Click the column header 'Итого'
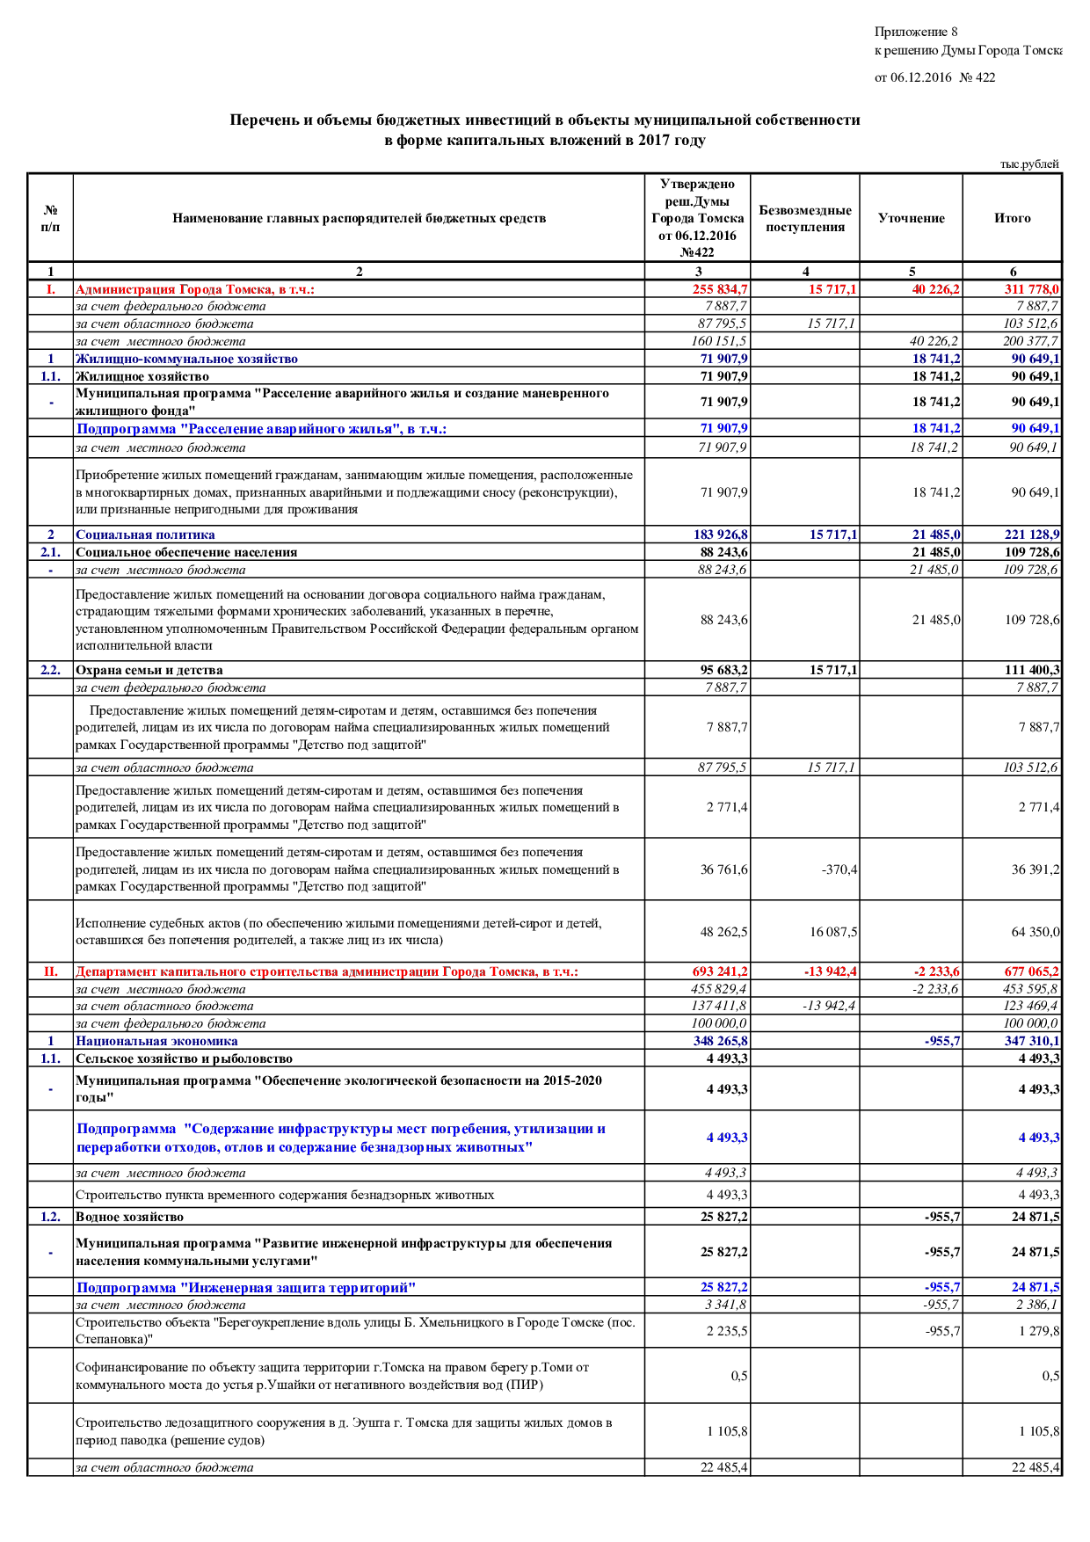[1012, 218]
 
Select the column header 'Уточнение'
[911, 218]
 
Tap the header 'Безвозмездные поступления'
[804, 218]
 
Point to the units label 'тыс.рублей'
[1028, 164]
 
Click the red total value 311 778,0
[1031, 289]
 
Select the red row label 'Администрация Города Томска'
[194, 289]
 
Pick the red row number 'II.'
[51, 971]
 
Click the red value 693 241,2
[720, 971]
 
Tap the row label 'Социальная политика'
[145, 535]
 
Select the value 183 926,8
[720, 535]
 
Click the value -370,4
[839, 869]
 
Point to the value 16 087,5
[833, 932]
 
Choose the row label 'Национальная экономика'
[156, 1041]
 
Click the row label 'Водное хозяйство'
[129, 1217]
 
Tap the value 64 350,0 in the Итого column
[1035, 932]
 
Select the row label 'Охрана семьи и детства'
[149, 670]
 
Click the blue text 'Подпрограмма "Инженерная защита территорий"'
[245, 1287]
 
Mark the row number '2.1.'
[51, 552]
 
